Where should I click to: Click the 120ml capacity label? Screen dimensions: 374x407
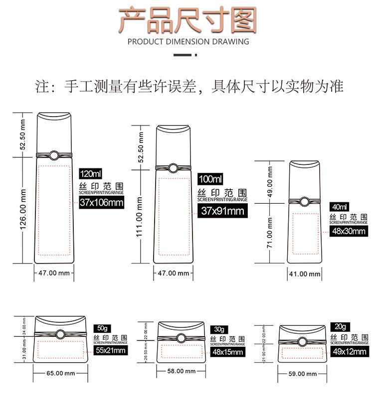91,174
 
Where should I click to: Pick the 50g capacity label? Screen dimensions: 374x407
103,328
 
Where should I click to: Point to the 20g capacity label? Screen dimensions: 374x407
340,327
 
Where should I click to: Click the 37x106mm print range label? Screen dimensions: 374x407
101,202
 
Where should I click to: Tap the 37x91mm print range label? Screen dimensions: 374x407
222,210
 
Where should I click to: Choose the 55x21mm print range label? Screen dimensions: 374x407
110,350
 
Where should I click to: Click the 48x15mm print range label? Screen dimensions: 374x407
227,352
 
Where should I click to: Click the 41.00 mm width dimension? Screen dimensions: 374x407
305,273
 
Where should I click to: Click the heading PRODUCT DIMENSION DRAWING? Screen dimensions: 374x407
188,41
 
